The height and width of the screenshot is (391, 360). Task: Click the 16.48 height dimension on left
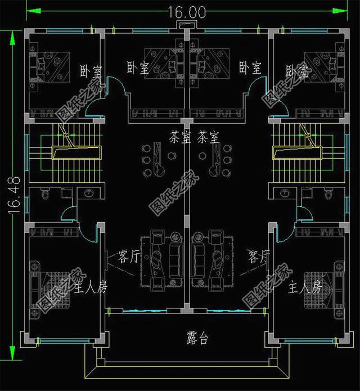coord(15,196)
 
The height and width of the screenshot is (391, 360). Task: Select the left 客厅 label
coord(129,257)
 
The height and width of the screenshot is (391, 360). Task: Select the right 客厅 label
coord(259,257)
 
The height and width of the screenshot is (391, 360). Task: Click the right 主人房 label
coord(304,288)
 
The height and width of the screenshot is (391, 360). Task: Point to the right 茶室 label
coord(208,137)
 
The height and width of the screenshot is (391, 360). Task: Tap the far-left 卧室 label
coord(91,71)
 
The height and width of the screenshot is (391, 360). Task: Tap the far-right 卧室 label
coord(297,71)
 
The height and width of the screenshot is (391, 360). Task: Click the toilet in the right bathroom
coord(326,195)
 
